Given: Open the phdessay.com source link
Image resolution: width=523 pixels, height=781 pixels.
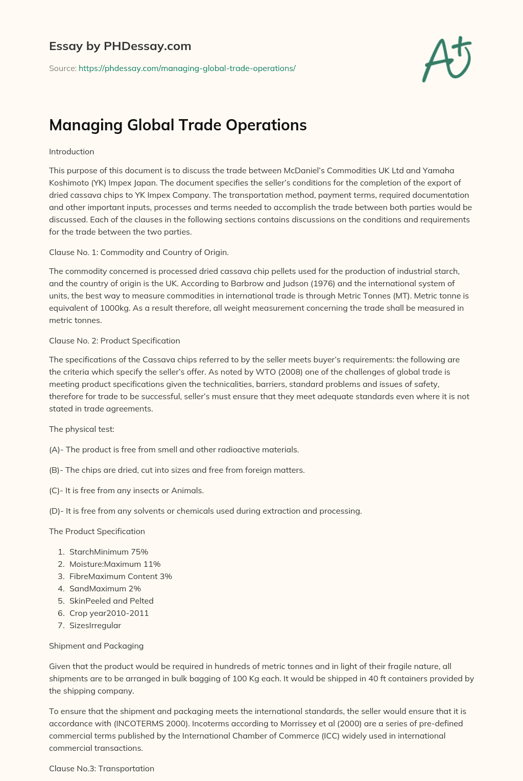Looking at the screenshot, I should pos(187,68).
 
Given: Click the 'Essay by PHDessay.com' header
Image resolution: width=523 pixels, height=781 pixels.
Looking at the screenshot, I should pos(120,46).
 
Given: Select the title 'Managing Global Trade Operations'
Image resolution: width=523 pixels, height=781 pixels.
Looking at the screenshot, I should pos(178,125).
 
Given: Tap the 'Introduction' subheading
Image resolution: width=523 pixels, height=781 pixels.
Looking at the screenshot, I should pos(72,152).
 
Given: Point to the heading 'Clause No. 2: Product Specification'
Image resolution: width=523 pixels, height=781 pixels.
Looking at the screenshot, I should pos(114,340).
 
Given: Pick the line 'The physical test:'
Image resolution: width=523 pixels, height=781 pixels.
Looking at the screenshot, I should pos(82,429).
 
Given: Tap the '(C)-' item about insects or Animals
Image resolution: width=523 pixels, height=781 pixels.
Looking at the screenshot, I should pos(126,491).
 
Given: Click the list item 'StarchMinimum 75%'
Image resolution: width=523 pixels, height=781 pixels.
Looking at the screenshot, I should pos(109,552).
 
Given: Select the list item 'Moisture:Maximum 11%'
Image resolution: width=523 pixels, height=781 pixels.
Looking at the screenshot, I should pos(115,564).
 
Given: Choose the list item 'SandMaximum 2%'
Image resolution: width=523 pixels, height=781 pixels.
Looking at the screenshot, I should pos(105,588).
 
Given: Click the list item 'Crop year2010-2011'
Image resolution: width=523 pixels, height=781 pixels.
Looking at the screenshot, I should pos(109,613).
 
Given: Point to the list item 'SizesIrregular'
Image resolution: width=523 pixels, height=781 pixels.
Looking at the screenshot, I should pos(95,625).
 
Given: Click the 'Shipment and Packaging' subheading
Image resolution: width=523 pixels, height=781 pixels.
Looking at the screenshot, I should pos(96,646).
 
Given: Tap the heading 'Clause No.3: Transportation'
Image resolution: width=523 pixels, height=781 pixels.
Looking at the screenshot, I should pos(102,768).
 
